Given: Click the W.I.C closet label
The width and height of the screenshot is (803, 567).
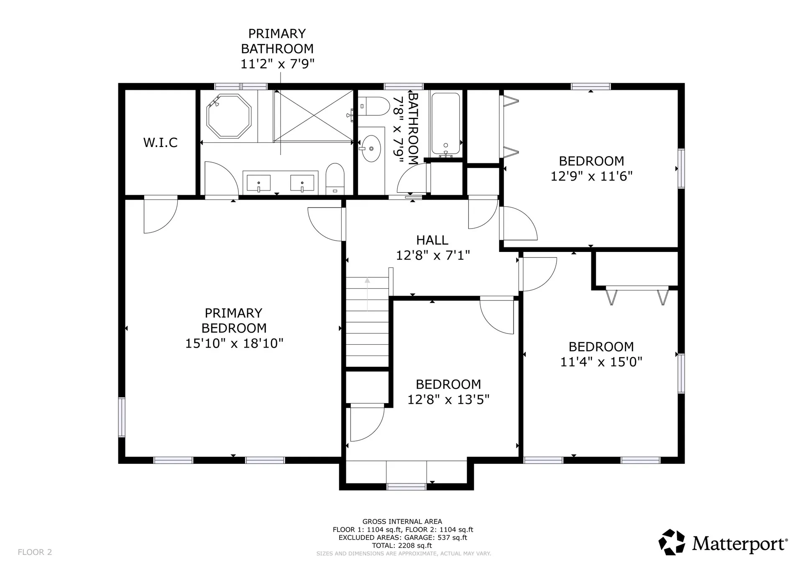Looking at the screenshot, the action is [160, 142].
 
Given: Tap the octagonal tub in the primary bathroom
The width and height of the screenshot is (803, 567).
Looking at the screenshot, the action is [229, 116].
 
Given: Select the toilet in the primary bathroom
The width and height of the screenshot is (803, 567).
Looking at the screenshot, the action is [335, 179].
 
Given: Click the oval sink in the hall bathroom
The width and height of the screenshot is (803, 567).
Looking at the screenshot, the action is [371, 148].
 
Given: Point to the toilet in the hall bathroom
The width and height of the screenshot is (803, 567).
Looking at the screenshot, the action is [374, 107].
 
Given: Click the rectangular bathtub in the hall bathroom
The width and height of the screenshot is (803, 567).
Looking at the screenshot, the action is [446, 124].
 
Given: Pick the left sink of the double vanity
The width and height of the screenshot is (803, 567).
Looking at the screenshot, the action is [258, 183].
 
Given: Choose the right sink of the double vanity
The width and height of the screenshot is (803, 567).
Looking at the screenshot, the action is [302, 183].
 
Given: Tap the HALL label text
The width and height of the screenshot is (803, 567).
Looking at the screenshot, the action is [432, 240].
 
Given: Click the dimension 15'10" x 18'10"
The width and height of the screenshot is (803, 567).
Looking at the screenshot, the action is [234, 343].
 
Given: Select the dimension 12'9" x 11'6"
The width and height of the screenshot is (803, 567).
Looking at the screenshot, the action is [591, 176].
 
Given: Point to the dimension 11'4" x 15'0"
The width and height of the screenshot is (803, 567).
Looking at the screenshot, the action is [601, 362].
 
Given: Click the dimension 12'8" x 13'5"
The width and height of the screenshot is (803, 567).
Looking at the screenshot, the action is [448, 400].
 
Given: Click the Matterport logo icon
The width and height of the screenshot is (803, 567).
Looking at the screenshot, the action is [672, 542].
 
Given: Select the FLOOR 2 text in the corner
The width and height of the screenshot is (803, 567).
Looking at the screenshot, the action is [35, 552].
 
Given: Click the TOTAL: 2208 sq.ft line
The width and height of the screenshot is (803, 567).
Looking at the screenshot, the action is [402, 545].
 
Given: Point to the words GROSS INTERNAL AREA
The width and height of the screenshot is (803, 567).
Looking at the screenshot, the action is [402, 521].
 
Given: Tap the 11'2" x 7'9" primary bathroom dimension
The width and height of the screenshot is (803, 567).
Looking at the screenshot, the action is [277, 64].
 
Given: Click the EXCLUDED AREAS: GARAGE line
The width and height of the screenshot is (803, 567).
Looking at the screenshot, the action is [403, 538].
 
